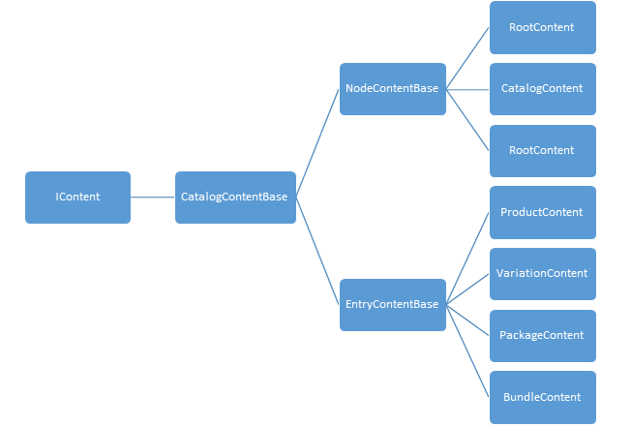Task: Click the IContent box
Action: (x=77, y=198)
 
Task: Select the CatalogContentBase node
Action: (x=235, y=198)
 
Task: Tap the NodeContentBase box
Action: (x=392, y=89)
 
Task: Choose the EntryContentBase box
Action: (x=392, y=305)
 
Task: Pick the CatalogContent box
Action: (x=542, y=89)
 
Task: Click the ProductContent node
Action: (x=542, y=212)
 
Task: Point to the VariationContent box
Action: (x=542, y=274)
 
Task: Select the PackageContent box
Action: (x=542, y=336)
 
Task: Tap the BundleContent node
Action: (x=542, y=397)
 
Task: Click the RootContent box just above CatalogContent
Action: (x=542, y=27)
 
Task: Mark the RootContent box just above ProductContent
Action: (x=542, y=150)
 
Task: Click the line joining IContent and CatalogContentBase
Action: (x=153, y=198)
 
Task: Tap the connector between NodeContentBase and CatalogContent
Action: (x=468, y=89)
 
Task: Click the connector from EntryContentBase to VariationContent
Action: (x=468, y=289)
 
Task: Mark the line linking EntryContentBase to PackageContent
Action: (x=468, y=320)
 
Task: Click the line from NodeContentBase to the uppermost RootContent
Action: (x=468, y=57)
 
